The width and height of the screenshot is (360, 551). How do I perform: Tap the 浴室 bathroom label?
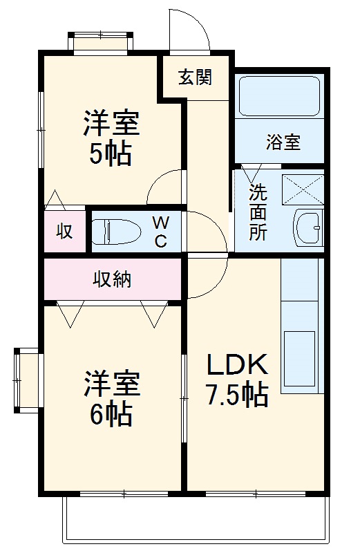tap(283, 143)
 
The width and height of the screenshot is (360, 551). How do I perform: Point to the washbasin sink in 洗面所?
tap(307, 225)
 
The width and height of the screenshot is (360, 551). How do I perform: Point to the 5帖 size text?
tap(110, 153)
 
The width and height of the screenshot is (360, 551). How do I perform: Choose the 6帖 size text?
tap(111, 413)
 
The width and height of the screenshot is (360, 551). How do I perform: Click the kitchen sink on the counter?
tap(300, 359)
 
